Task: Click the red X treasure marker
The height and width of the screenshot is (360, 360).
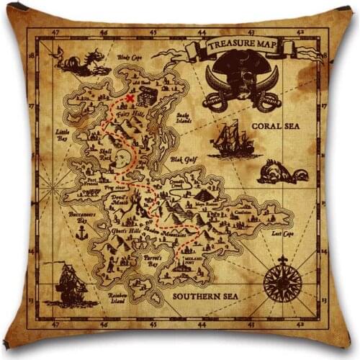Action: coord(130,99)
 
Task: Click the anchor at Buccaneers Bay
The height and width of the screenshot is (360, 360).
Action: coord(81,233)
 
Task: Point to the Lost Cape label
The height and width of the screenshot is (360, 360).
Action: coord(283,234)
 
